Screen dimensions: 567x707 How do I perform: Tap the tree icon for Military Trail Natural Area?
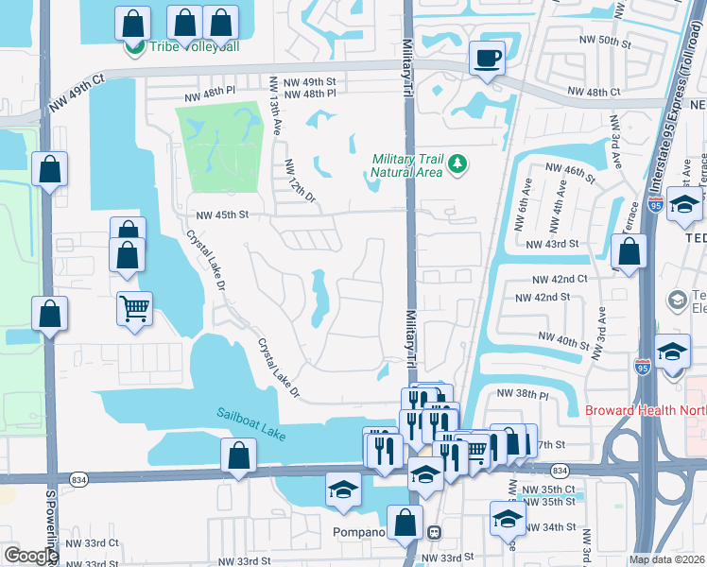[458, 164]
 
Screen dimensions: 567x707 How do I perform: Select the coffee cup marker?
[487, 59]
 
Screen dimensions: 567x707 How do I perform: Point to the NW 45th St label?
[221, 215]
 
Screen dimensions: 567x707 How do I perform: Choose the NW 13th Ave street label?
[275, 107]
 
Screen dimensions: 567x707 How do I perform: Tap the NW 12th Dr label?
[299, 179]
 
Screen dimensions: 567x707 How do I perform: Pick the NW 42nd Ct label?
[560, 280]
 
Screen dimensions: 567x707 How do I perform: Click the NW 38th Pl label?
[522, 393]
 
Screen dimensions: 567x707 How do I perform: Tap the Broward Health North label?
[645, 410]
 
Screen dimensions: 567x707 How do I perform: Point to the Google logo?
[30, 555]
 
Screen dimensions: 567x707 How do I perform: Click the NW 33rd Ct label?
[86, 542]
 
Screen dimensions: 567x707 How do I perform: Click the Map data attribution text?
[666, 559]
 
